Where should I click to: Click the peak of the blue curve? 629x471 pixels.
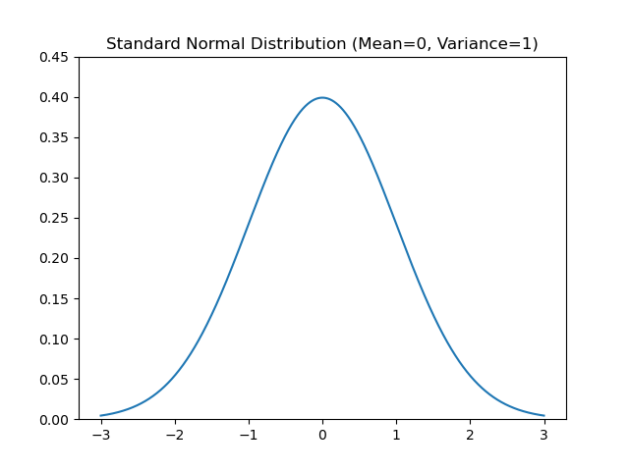click(x=322, y=97)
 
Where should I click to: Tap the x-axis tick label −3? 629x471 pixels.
click(x=100, y=435)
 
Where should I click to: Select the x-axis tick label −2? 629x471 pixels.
click(x=174, y=435)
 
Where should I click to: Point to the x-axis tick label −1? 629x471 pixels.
click(x=248, y=435)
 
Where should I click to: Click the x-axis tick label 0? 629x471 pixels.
click(x=322, y=435)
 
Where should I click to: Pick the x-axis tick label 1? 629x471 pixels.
click(x=396, y=435)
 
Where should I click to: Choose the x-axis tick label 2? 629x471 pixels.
click(x=470, y=435)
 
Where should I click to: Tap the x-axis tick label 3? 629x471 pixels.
click(x=543, y=435)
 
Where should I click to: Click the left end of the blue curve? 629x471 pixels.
click(x=101, y=416)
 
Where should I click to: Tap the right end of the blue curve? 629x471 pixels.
click(x=543, y=416)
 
